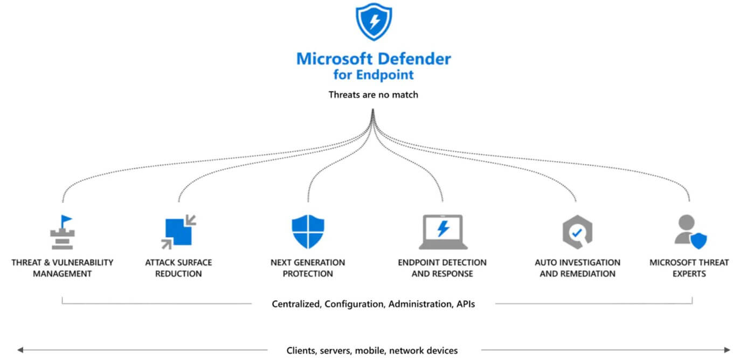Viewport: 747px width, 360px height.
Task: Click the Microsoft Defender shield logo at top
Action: [373, 22]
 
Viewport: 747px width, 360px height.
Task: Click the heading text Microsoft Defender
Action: [373, 58]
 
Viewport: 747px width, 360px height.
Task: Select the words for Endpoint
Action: [373, 74]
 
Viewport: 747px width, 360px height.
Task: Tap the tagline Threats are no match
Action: [373, 95]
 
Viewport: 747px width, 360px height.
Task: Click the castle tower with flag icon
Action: [63, 232]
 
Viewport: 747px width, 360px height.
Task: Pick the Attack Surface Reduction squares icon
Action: [178, 232]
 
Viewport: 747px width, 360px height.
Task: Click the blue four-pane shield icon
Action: [308, 232]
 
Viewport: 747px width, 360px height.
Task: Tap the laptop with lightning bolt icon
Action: [442, 232]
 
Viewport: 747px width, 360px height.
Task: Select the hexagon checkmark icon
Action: [577, 232]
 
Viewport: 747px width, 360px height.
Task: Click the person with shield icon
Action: [690, 232]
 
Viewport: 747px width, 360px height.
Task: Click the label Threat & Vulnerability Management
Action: [63, 268]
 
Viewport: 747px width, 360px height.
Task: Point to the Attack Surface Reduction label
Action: [178, 268]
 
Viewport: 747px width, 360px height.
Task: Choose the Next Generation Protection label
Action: [308, 268]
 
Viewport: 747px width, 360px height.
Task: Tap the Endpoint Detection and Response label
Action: [442, 268]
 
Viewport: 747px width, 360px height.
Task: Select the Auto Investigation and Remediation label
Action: [577, 268]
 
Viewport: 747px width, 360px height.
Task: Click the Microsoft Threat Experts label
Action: [689, 268]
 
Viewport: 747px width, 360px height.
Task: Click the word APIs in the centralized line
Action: [465, 304]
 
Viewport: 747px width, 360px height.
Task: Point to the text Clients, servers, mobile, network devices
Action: [372, 350]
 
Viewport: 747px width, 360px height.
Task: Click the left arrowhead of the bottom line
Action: [20, 350]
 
